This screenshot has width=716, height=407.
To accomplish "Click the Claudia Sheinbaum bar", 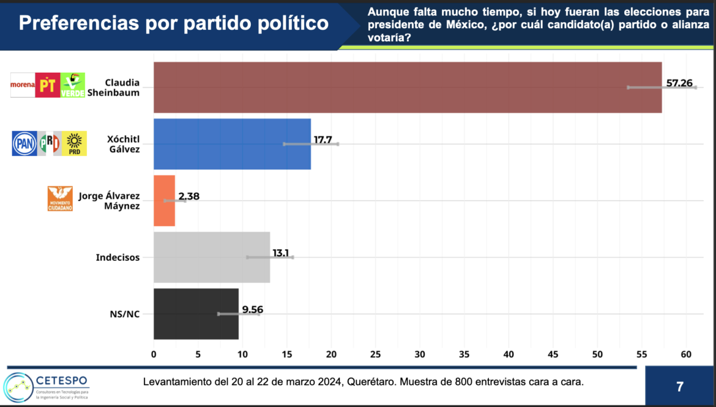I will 407,87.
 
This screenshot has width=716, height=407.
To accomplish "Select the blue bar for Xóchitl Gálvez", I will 232,144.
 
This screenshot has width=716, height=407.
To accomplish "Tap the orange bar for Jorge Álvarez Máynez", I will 164,200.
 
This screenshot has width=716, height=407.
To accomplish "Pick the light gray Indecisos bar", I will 212,257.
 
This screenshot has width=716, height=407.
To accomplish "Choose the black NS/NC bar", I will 196,313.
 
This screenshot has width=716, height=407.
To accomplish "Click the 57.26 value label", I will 679,82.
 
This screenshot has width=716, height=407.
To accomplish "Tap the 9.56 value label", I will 253,309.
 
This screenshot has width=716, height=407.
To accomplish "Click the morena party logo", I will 23,86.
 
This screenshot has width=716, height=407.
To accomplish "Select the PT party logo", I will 48,86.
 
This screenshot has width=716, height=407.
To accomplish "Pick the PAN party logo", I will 24,143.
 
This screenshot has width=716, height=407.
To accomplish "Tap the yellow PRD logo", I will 74,143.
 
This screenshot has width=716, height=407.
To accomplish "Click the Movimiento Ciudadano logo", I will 60,199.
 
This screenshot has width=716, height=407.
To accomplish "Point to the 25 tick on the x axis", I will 375,354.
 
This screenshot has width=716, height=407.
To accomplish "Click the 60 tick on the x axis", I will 685,354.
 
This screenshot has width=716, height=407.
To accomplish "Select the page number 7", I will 679,387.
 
